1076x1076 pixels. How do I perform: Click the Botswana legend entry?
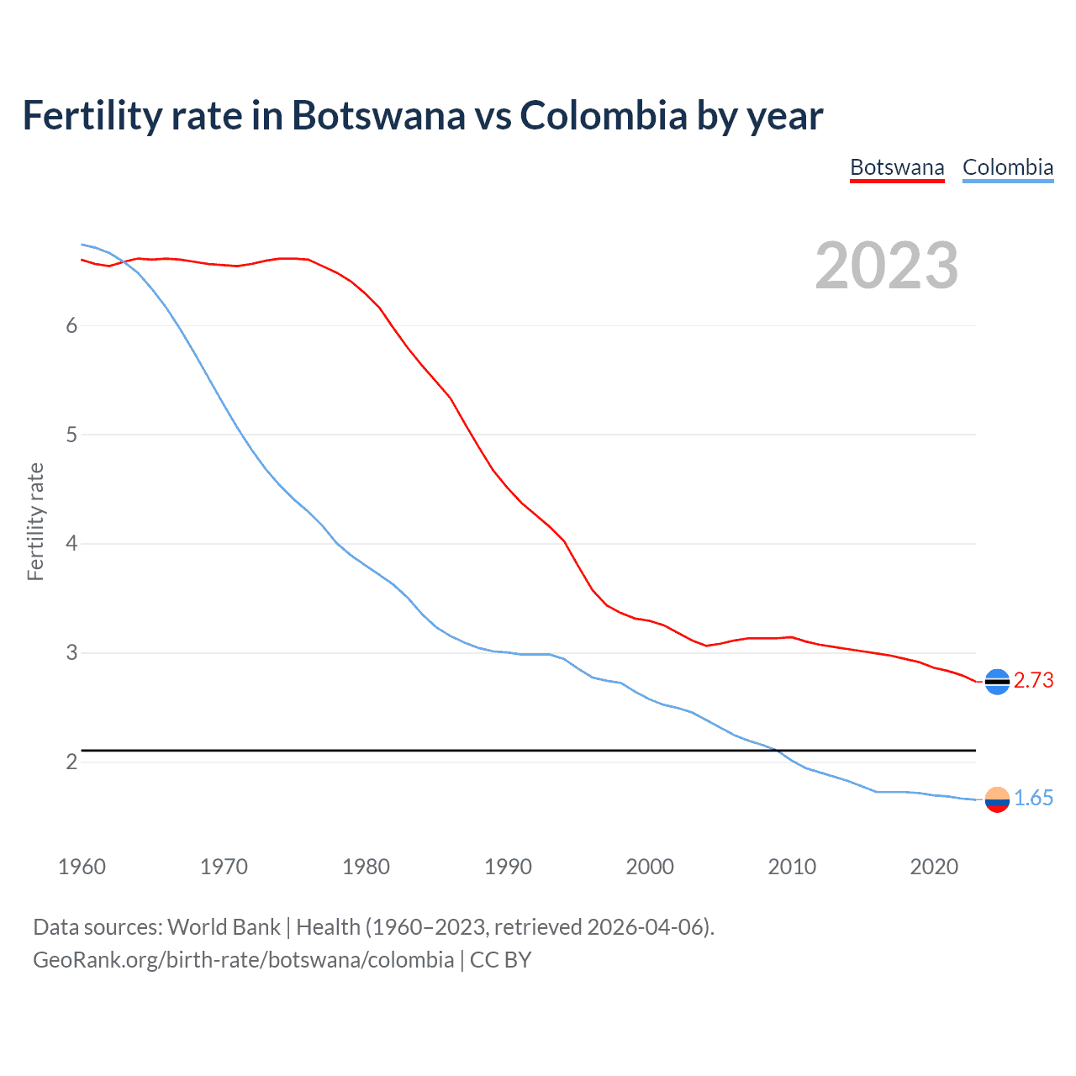897,167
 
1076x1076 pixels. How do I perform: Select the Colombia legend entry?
1007,167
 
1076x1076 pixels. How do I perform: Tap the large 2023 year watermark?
886,266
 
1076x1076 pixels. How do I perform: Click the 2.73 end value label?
1033,681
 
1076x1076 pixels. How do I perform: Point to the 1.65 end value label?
1033,799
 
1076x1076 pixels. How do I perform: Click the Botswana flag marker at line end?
997,682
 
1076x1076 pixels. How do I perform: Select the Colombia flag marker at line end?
997,799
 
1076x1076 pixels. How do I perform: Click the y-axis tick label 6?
71,326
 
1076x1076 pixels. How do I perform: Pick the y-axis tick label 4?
71,544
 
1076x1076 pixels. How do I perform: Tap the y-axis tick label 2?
71,762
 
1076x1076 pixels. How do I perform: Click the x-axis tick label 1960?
82,868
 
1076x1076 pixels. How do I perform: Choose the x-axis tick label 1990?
508,868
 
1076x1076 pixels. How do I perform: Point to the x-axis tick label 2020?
934,868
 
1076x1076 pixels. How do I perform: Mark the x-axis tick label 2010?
792,868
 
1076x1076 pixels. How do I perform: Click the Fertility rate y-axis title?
35,521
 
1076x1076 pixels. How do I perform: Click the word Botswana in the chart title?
378,116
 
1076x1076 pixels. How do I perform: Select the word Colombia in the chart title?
604,116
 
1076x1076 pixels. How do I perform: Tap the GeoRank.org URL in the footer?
243,960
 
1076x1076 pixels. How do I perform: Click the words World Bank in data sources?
224,927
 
